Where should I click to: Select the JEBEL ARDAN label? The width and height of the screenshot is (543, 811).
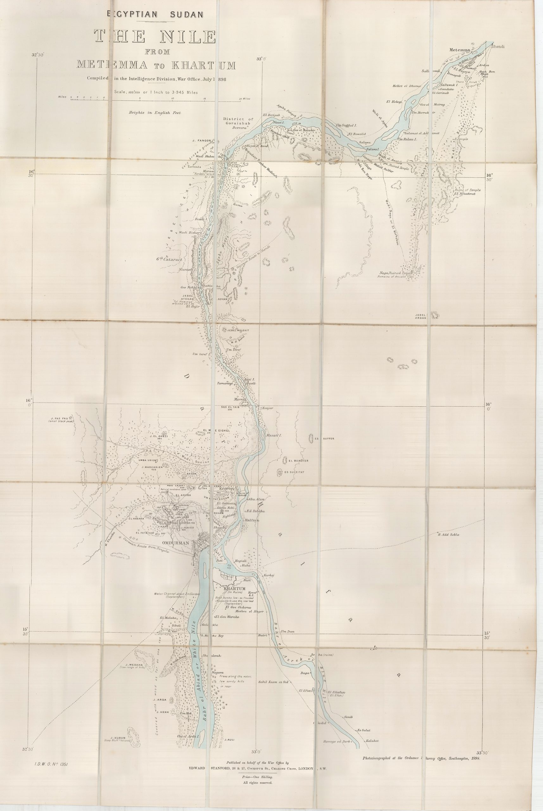click(x=422, y=316)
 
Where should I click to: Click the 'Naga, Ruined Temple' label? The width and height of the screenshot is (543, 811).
click(x=396, y=273)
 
